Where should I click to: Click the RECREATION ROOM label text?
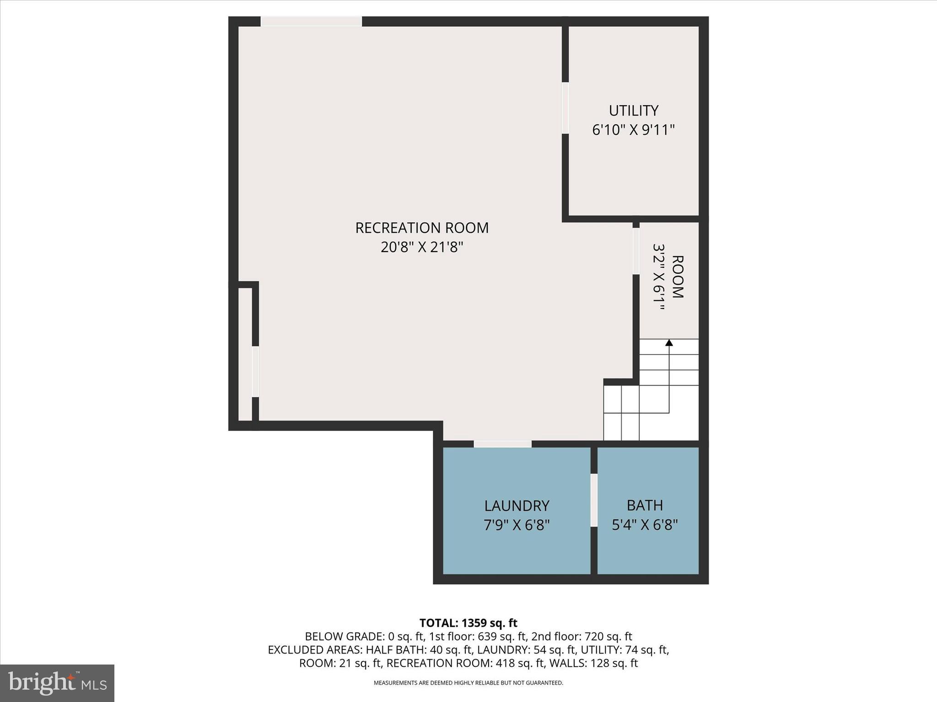click(422, 228)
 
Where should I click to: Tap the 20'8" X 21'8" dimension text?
click(422, 247)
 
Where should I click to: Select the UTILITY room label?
click(633, 111)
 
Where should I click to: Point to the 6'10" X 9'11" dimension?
click(633, 130)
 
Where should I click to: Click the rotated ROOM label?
click(678, 277)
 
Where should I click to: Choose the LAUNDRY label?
click(517, 505)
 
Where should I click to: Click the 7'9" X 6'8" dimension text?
click(517, 525)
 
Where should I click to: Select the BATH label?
click(645, 505)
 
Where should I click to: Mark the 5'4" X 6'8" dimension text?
click(645, 525)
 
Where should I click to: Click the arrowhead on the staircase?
click(669, 342)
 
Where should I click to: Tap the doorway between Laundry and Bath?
click(594, 500)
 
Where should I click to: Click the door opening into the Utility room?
click(565, 108)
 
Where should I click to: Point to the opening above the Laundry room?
click(502, 444)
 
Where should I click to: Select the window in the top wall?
click(311, 21)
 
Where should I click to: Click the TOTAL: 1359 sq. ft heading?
click(468, 623)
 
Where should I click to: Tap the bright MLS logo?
click(57, 683)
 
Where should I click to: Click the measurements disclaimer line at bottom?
click(468, 683)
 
